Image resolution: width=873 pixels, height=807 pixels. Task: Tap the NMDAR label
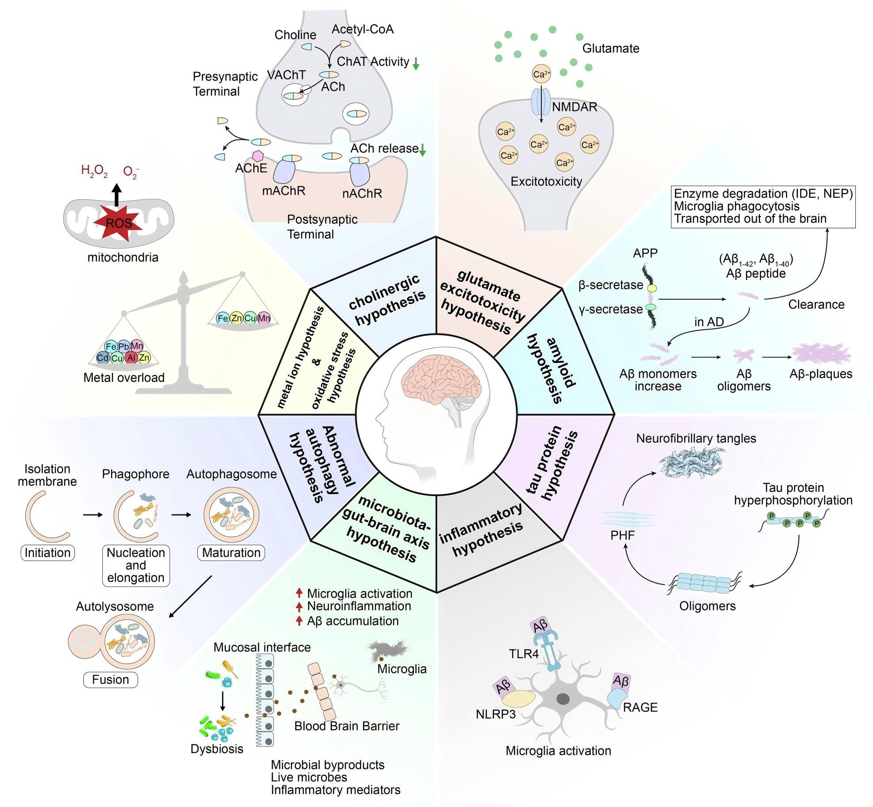tap(574, 107)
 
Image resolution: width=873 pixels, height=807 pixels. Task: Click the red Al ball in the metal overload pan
tap(131, 358)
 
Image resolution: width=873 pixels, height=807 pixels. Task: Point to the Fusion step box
tap(111, 679)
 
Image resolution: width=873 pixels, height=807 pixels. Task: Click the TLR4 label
tap(523, 654)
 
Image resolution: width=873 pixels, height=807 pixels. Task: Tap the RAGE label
tap(640, 708)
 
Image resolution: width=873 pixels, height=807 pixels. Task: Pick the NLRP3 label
tap(496, 714)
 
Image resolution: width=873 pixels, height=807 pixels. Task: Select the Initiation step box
tap(48, 552)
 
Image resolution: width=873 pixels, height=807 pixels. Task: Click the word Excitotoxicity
tap(546, 181)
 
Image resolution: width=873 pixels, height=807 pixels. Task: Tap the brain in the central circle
tap(440, 380)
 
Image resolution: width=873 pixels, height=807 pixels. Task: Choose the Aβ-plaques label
tap(820, 374)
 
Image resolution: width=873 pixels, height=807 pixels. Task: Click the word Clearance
tap(816, 305)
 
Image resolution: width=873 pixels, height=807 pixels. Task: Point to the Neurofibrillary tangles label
tap(696, 438)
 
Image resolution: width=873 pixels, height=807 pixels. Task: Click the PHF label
tap(622, 535)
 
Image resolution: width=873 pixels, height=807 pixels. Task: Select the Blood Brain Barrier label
tap(347, 726)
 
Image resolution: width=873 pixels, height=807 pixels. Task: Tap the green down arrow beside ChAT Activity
tap(416, 64)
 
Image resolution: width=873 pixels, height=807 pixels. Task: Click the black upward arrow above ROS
tap(116, 195)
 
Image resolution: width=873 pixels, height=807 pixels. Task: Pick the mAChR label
tap(283, 191)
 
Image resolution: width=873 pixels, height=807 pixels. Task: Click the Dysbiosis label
tap(217, 749)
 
